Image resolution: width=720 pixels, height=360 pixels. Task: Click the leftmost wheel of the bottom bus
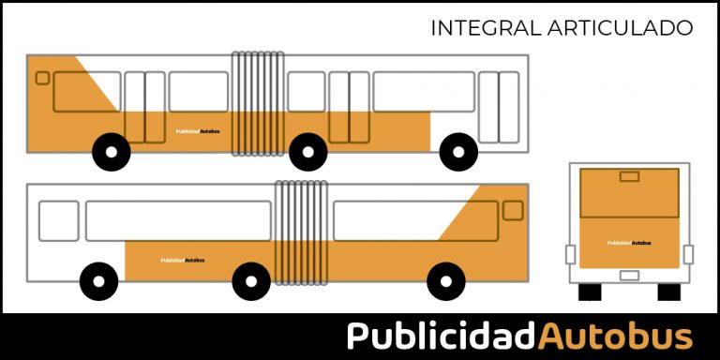pyautogui.click(x=99, y=280)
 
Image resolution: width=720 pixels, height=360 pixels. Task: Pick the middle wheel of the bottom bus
pyautogui.click(x=251, y=280)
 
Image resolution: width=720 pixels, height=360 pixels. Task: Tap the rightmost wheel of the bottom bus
pyautogui.click(x=445, y=280)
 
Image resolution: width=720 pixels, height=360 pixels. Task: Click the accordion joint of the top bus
pyautogui.click(x=258, y=103)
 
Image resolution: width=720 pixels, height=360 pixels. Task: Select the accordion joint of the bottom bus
pyautogui.click(x=301, y=232)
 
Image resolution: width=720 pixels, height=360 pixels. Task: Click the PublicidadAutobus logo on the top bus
pyautogui.click(x=197, y=131)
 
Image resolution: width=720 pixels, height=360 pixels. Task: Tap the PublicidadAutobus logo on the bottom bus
pyautogui.click(x=183, y=260)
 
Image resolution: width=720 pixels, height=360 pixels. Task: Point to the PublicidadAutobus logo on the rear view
pyautogui.click(x=629, y=243)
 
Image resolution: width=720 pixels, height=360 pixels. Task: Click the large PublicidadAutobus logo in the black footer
pyautogui.click(x=519, y=336)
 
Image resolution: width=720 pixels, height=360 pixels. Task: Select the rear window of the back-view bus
pyautogui.click(x=629, y=193)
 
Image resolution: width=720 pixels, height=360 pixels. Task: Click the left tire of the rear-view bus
pyautogui.click(x=590, y=292)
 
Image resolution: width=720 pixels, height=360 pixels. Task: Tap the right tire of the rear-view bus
pyautogui.click(x=668, y=292)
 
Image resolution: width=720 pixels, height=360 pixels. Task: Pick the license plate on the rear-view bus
pyautogui.click(x=629, y=276)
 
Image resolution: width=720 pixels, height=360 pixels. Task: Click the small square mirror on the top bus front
pyautogui.click(x=42, y=78)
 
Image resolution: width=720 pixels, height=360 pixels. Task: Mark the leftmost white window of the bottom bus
pyautogui.click(x=59, y=220)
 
